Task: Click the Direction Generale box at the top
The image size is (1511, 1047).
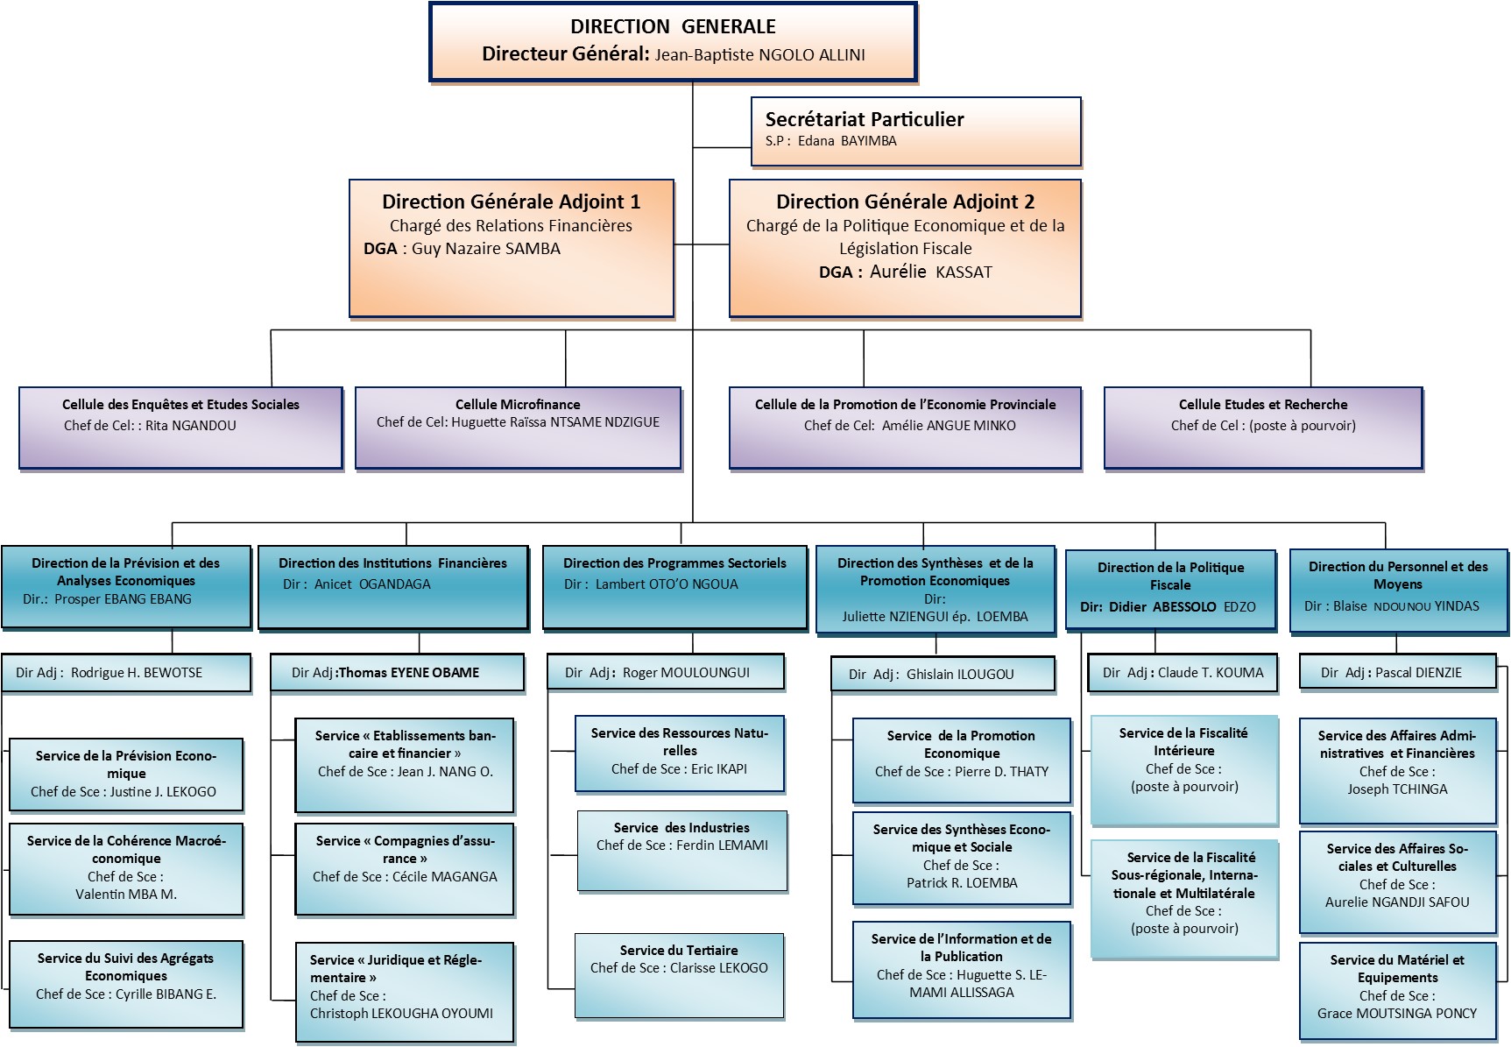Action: (x=673, y=42)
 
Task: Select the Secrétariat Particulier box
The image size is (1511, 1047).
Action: (x=915, y=131)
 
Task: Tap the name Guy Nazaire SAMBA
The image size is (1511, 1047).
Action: (x=486, y=249)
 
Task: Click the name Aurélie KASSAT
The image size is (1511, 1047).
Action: (x=931, y=272)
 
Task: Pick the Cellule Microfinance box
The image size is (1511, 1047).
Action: (x=518, y=428)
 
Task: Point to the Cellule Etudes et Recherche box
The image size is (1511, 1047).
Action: (x=1263, y=428)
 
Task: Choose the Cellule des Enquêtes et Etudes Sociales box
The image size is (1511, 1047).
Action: (x=180, y=428)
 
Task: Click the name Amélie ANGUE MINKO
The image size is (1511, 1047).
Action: (x=949, y=426)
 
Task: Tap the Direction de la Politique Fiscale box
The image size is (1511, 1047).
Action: (x=1170, y=589)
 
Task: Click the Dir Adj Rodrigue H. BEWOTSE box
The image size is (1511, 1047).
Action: (x=126, y=673)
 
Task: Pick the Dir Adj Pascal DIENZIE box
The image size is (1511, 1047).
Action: (x=1397, y=673)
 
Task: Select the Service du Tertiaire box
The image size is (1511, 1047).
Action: (x=679, y=976)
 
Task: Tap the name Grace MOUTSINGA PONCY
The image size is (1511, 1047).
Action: (x=1397, y=1014)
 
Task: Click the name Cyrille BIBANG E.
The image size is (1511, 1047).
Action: (x=166, y=994)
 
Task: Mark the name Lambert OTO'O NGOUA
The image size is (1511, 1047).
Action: (x=667, y=584)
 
